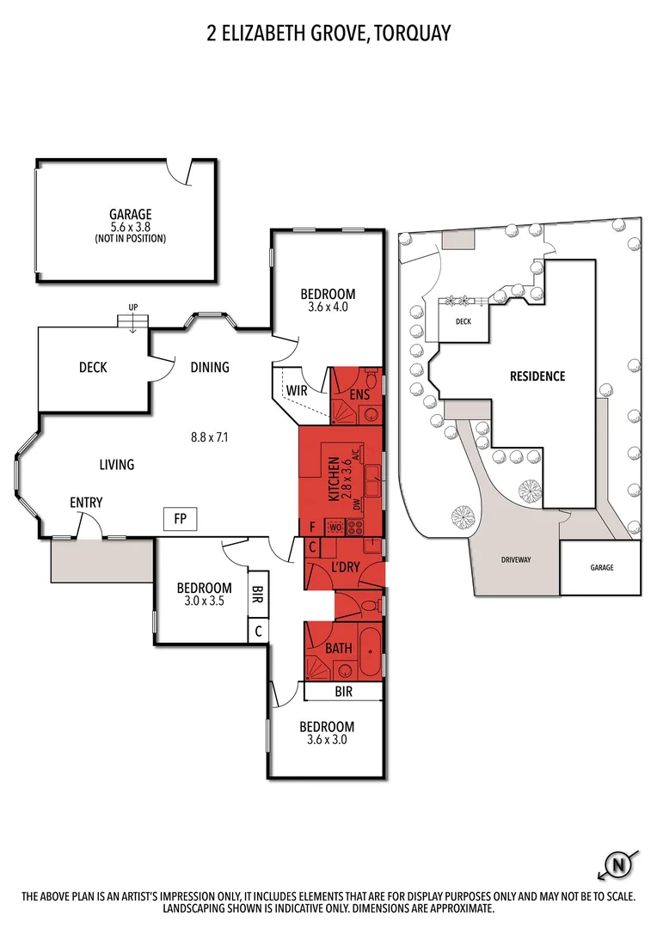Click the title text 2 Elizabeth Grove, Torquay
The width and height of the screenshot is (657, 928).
click(x=328, y=34)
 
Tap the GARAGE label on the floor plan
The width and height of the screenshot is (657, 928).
click(x=130, y=215)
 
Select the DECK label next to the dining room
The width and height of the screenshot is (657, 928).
click(x=93, y=368)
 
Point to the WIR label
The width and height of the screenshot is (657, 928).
click(x=297, y=391)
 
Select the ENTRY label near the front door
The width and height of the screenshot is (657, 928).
click(x=86, y=503)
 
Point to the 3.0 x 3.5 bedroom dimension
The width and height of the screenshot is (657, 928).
click(x=205, y=601)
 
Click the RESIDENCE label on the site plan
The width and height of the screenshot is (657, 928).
click(x=537, y=375)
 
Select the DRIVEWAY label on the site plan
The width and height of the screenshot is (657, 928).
click(x=517, y=559)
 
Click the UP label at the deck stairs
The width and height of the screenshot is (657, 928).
click(x=132, y=307)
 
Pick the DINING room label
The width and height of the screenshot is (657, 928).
click(x=210, y=368)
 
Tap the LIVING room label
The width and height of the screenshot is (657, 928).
click(x=117, y=465)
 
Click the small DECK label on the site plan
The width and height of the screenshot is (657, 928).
click(x=463, y=322)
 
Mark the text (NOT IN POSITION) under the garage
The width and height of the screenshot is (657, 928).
click(x=130, y=238)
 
